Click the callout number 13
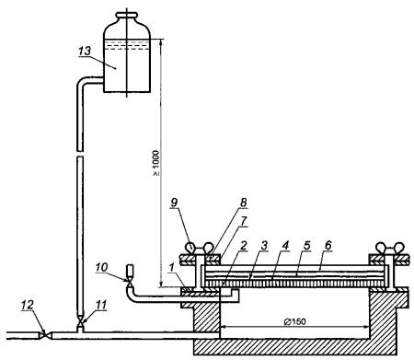[x=85, y=51]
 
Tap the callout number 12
[x=27, y=305]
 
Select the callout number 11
[x=100, y=305]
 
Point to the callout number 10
[x=101, y=267]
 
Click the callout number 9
[x=174, y=203]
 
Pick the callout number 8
[x=243, y=203]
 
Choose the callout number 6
[x=328, y=245]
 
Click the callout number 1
[x=171, y=267]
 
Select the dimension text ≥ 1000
[x=156, y=163]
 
